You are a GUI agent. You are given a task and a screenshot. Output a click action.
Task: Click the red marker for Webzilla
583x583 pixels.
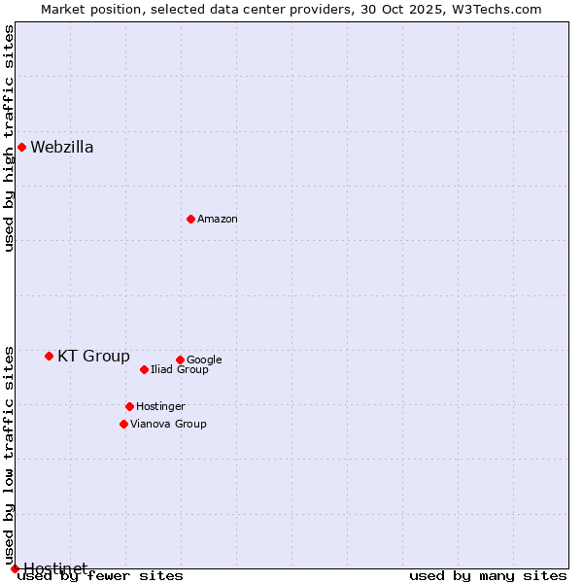point(21,147)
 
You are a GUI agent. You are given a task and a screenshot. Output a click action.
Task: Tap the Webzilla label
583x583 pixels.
point(62,148)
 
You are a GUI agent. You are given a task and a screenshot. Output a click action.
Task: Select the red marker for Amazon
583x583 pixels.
point(190,219)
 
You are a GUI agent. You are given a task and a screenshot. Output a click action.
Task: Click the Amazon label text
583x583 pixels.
point(218,220)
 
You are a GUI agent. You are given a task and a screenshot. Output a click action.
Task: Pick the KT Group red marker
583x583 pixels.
point(49,356)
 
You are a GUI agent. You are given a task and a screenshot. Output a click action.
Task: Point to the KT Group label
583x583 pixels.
point(93,357)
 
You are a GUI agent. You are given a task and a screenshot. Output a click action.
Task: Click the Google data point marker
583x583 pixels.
point(180,360)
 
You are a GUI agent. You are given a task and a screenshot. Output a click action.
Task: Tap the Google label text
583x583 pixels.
point(204,360)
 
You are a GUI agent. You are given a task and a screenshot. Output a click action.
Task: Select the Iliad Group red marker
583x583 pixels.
point(144,369)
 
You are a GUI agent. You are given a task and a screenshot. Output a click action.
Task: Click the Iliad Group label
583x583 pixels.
point(180,370)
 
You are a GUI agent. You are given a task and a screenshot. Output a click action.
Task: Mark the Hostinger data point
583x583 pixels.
point(129,406)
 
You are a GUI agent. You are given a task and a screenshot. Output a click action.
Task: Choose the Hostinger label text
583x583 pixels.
point(160,407)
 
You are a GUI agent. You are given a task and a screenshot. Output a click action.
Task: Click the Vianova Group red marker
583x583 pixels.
point(123,424)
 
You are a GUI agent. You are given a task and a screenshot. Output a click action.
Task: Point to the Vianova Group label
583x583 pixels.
point(168,425)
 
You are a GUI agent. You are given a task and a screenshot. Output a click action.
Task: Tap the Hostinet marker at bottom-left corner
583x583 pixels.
point(15,568)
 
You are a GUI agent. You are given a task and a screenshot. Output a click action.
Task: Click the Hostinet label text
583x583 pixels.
point(55,567)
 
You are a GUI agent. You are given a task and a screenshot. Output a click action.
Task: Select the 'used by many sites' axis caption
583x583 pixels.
point(488,576)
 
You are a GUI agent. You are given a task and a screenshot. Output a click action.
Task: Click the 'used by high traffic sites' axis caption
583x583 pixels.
point(10,138)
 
